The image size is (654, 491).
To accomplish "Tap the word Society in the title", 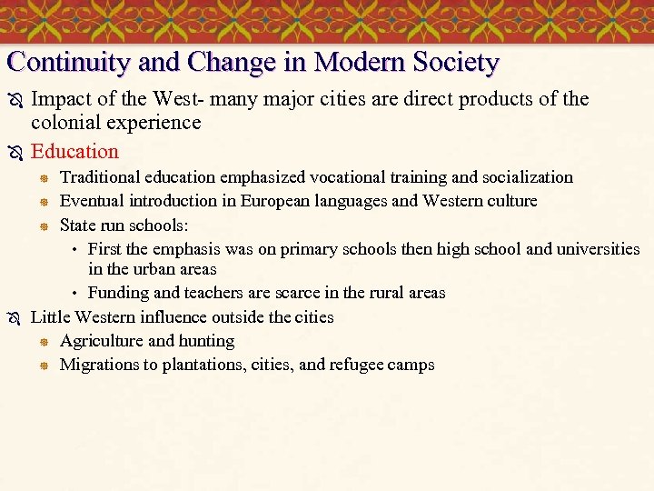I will pyautogui.click(x=456, y=63).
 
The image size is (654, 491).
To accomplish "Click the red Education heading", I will pyautogui.click(x=74, y=151).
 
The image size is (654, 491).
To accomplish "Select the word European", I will pyautogui.click(x=278, y=200).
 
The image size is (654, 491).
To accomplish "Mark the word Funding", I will pyautogui.click(x=117, y=293).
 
